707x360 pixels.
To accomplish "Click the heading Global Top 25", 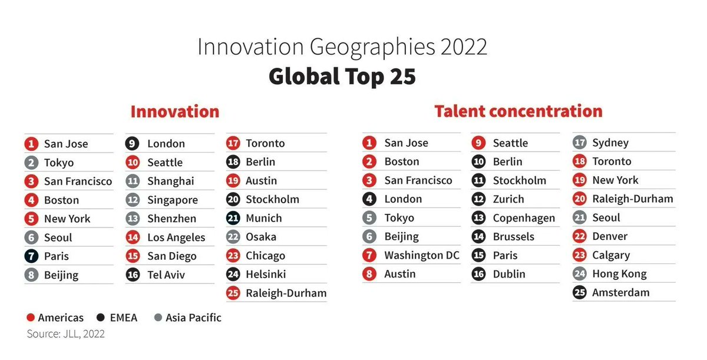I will click(x=342, y=77).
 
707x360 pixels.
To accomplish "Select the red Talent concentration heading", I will click(x=518, y=111).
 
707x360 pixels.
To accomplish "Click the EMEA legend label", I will click(x=123, y=318).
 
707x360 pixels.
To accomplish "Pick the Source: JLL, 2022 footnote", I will click(x=66, y=334).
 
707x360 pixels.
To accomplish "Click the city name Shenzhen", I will click(x=171, y=219).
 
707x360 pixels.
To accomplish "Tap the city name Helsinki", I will click(x=266, y=274).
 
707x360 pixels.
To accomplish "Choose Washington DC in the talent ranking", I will click(x=421, y=255).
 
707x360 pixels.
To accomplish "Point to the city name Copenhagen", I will click(x=524, y=218).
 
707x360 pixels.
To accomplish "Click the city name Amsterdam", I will click(x=621, y=292).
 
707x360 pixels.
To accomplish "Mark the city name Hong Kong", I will click(x=619, y=274).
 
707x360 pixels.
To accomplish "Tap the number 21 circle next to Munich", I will click(x=233, y=218).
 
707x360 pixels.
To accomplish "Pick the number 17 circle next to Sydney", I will click(x=580, y=143).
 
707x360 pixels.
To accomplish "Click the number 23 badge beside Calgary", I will click(x=580, y=255).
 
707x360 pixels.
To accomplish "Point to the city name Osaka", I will click(x=261, y=237).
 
